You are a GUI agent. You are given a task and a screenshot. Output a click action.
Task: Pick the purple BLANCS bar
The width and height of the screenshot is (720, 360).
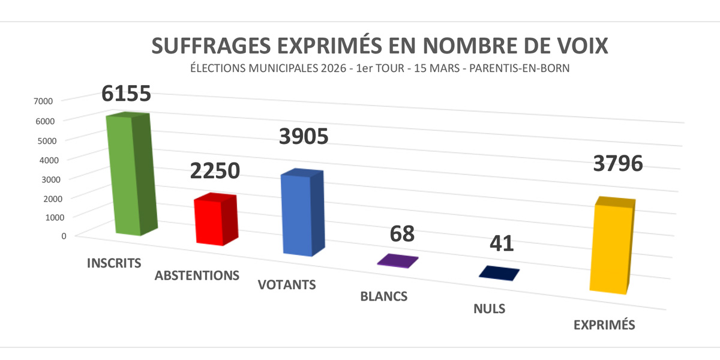coord(397,261)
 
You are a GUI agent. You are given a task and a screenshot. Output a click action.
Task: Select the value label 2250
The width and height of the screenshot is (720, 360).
coord(215,170)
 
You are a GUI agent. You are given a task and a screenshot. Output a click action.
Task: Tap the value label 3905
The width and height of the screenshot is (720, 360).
coord(304,137)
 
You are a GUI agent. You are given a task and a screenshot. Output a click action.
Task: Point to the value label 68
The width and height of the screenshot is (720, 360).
coord(402,233)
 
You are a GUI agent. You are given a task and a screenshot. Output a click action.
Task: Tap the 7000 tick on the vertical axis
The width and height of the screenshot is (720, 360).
coord(45,101)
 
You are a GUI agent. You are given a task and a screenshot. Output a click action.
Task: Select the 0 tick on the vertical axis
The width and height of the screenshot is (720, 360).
coord(63,235)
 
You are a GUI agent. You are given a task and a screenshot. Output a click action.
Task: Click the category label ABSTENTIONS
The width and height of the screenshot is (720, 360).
coord(197,276)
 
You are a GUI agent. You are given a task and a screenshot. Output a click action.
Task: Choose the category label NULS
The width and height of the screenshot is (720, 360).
coord(488,310)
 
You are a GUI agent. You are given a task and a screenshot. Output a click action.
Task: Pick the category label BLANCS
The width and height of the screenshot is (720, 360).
coord(384,296)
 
